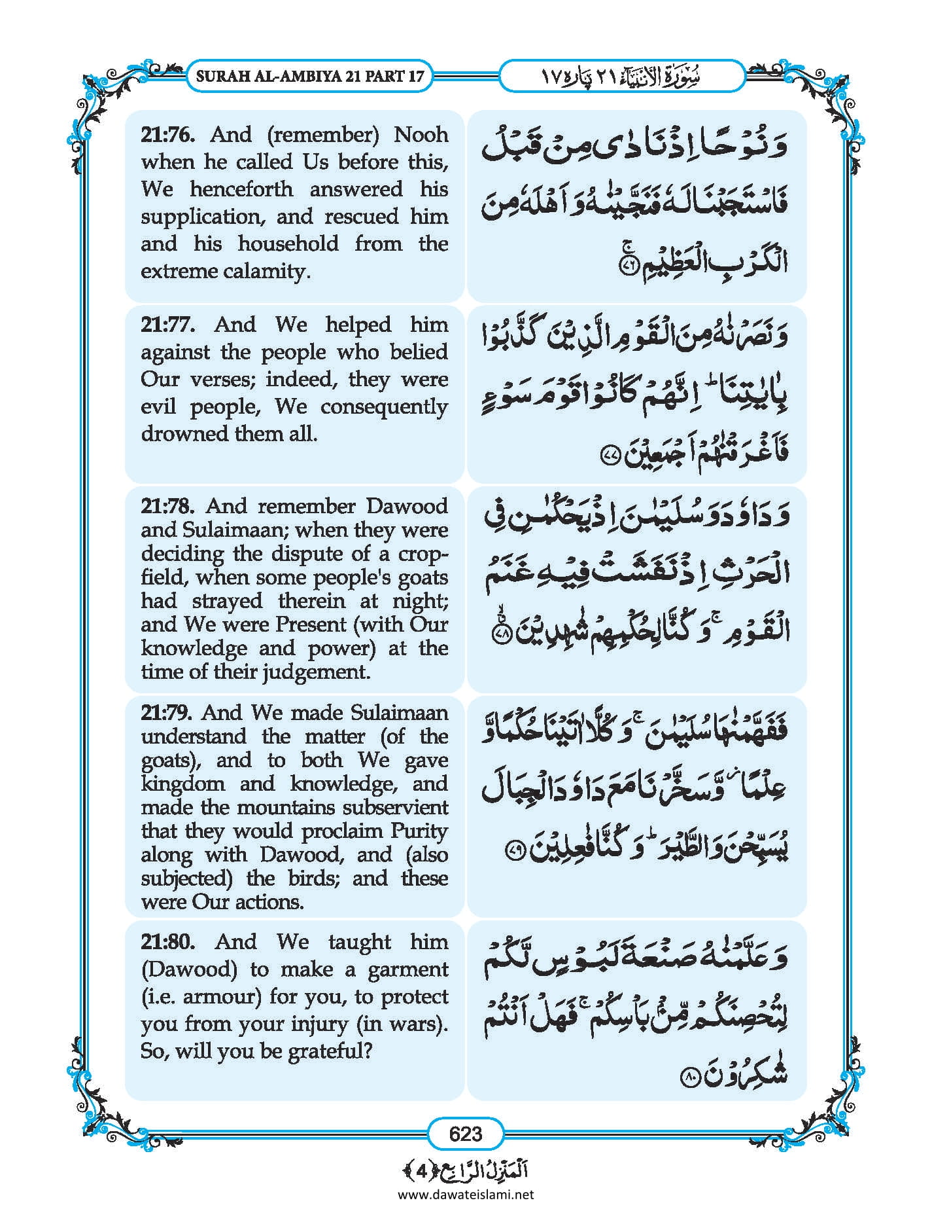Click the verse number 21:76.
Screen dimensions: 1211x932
coord(167,135)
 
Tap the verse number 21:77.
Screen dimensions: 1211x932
coord(167,325)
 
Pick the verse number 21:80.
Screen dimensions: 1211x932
coord(167,942)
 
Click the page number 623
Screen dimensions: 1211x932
coord(466,1134)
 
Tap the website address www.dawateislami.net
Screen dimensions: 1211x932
coord(466,1194)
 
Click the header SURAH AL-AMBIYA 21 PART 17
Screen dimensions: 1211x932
coord(310,76)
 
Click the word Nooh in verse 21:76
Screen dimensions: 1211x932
coord(421,135)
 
